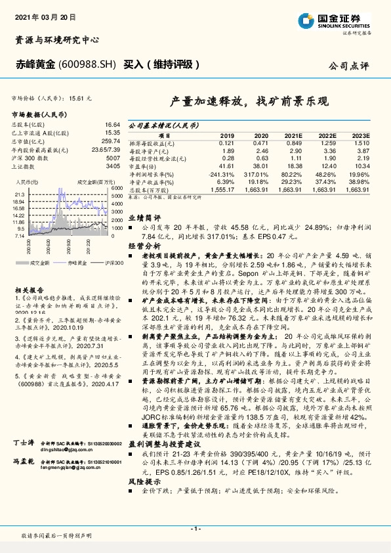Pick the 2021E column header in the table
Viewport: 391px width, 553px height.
pos(293,135)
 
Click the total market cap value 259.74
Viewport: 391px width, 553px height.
pos(111,141)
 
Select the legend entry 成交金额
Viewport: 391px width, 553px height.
pos(41,262)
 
